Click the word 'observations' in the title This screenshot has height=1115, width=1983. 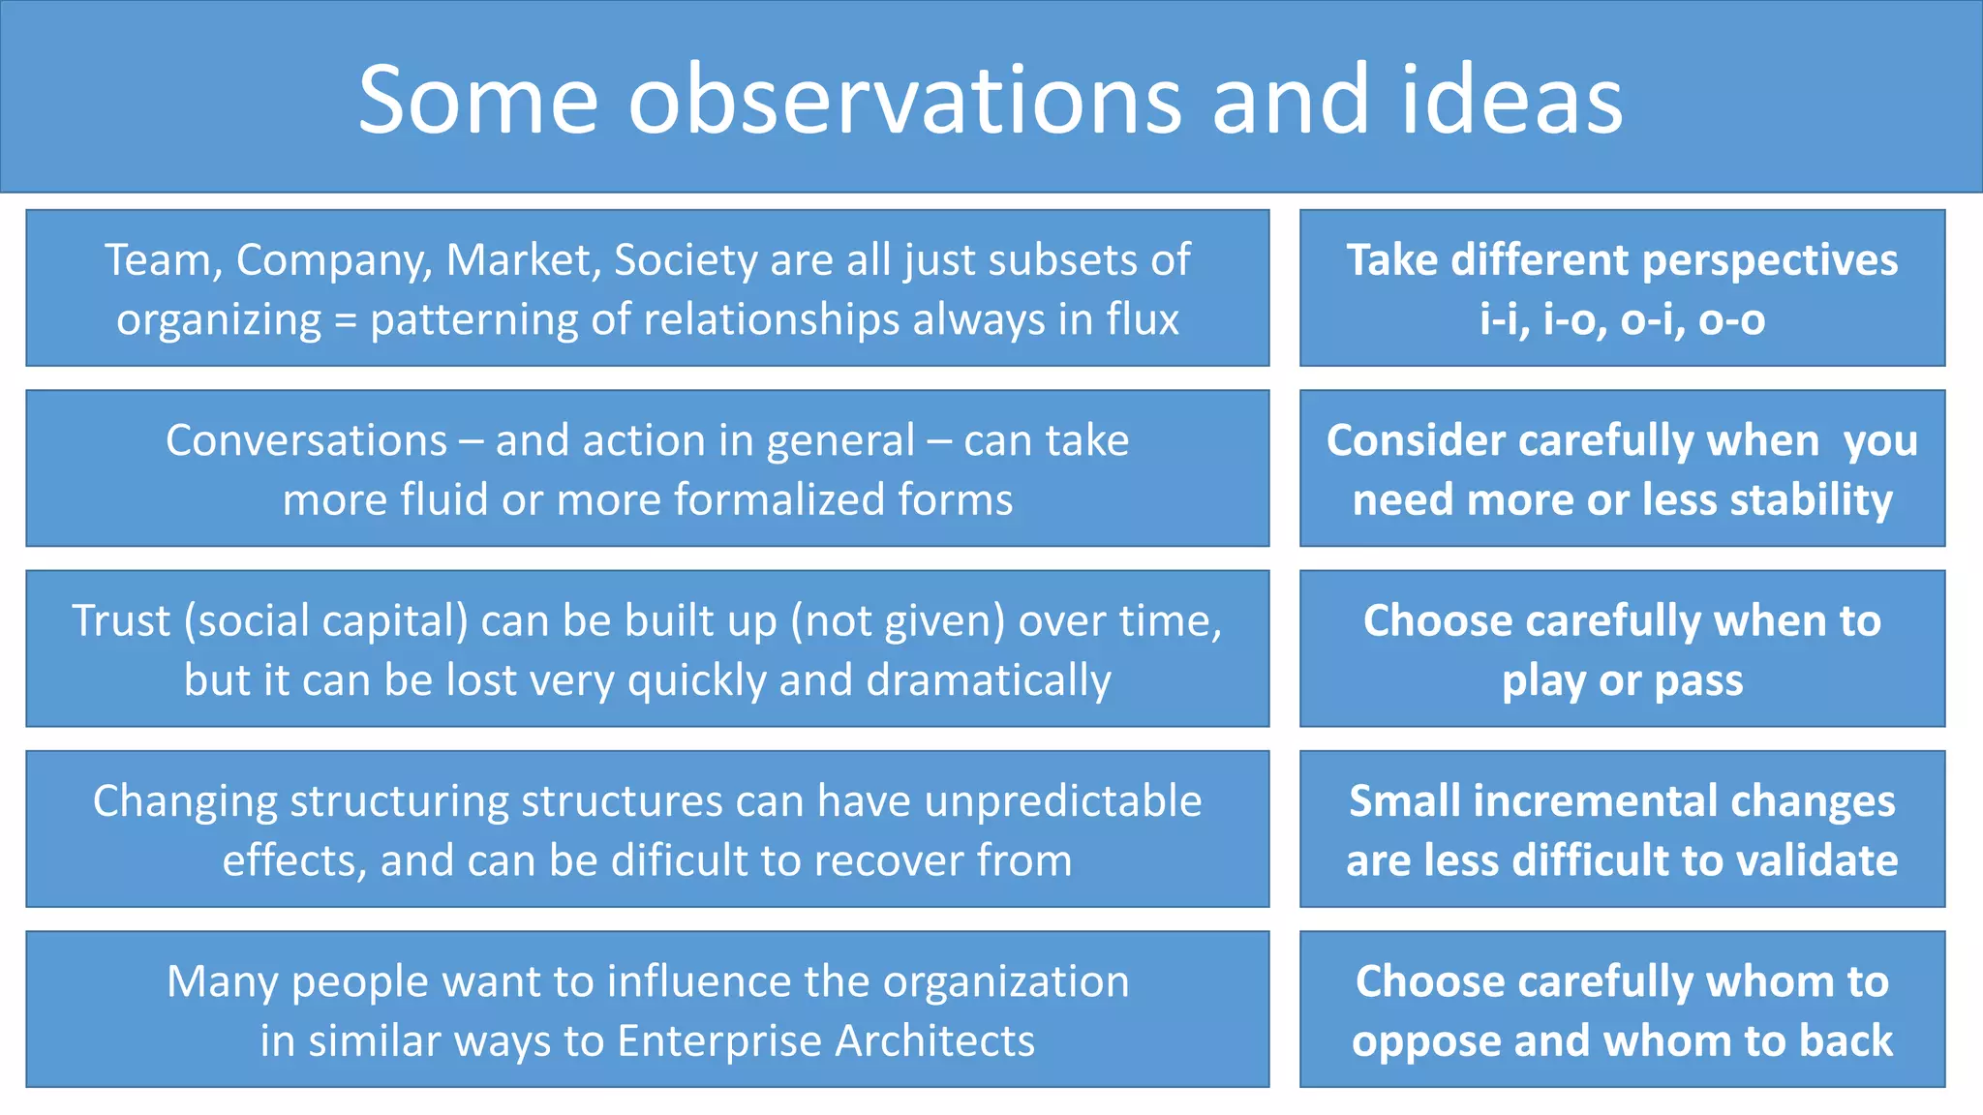(x=904, y=101)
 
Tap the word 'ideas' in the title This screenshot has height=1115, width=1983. (x=1511, y=101)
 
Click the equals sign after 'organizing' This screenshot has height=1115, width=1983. (x=346, y=320)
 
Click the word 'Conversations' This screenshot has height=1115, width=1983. (x=306, y=441)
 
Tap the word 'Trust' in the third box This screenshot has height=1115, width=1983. (x=120, y=621)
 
